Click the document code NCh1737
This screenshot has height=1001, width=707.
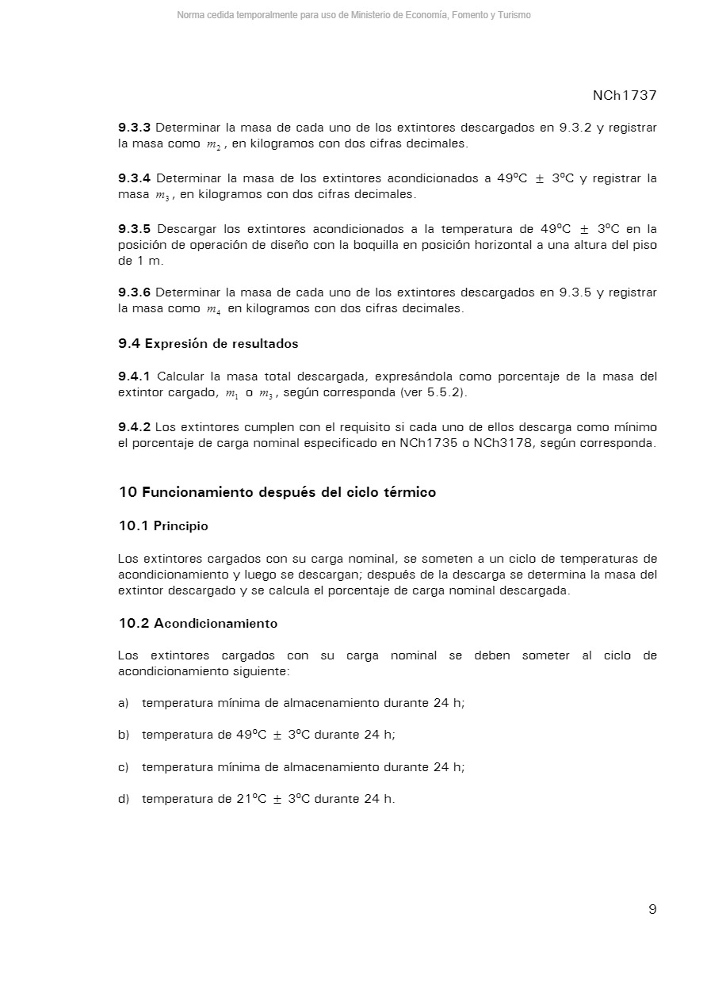625,95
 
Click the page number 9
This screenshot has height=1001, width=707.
652,909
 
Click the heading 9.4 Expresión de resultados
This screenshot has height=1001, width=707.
208,344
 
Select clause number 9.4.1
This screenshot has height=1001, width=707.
134,376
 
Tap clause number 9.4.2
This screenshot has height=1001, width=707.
134,427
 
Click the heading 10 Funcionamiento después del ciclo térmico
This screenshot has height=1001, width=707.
277,492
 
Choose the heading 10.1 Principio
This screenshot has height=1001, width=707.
163,525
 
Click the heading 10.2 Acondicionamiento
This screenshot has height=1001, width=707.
198,624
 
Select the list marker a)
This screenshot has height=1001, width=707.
124,703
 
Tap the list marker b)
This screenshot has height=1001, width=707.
124,735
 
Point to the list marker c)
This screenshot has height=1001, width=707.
124,767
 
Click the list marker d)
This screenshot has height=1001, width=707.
124,799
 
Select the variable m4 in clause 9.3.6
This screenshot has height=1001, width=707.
213,310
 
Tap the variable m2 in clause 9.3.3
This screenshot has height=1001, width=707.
213,145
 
